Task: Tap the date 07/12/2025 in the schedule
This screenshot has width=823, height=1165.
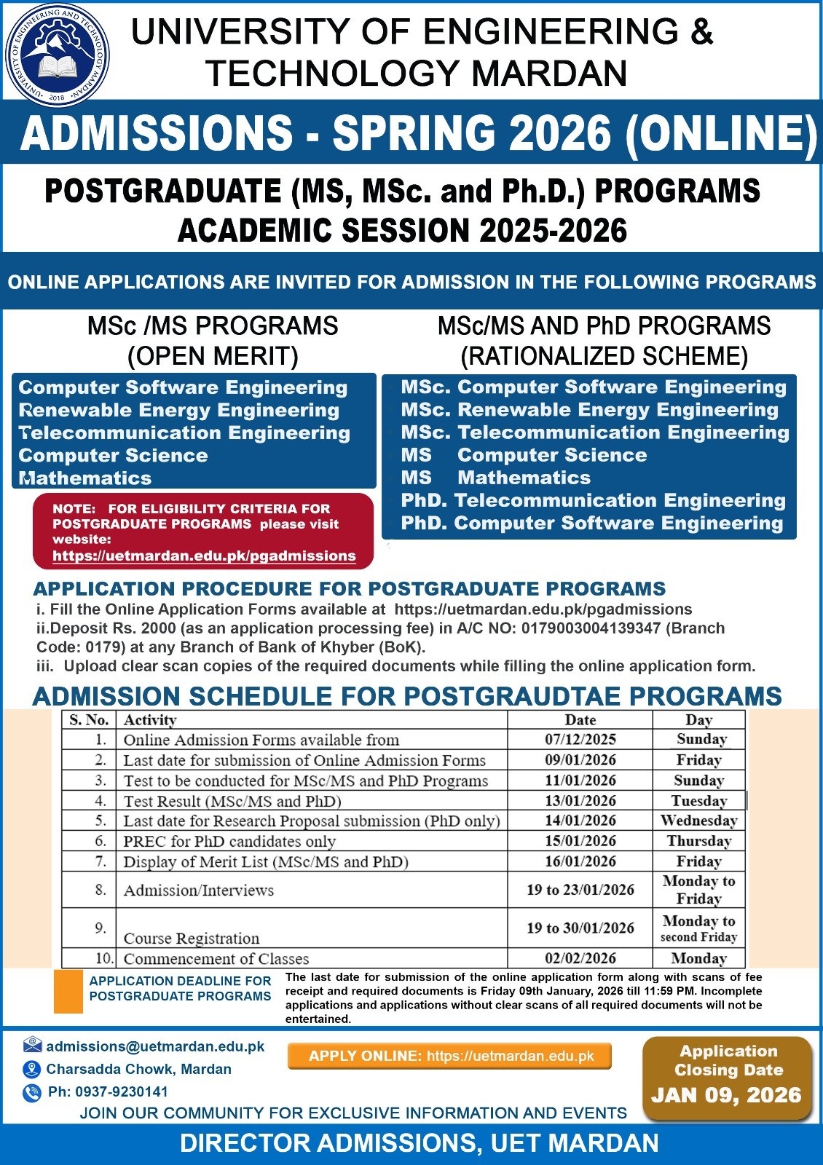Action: [x=580, y=740]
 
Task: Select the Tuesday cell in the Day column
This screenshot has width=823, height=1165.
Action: [x=698, y=801]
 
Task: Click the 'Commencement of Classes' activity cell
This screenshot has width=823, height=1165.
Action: [x=216, y=959]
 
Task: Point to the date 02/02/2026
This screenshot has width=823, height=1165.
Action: [x=580, y=959]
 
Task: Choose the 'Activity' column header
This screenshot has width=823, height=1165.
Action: [x=150, y=720]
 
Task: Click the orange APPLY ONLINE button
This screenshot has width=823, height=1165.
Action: [x=450, y=1056]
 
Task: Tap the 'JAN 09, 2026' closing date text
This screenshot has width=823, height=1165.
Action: [x=726, y=1095]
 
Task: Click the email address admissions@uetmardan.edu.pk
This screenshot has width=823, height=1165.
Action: [x=155, y=1046]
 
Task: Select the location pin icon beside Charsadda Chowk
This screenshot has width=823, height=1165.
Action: [x=31, y=1069]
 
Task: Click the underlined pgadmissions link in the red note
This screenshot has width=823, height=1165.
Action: [x=204, y=556]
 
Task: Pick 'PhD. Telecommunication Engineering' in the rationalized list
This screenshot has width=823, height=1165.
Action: [x=593, y=500]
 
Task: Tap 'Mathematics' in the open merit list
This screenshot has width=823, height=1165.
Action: [x=86, y=478]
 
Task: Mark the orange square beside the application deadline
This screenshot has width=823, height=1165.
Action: [x=68, y=991]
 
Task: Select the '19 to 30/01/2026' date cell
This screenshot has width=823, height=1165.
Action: [x=580, y=928]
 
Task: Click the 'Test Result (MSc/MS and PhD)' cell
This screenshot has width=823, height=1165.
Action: [x=232, y=801]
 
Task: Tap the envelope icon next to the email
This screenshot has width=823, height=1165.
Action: [x=32, y=1046]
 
